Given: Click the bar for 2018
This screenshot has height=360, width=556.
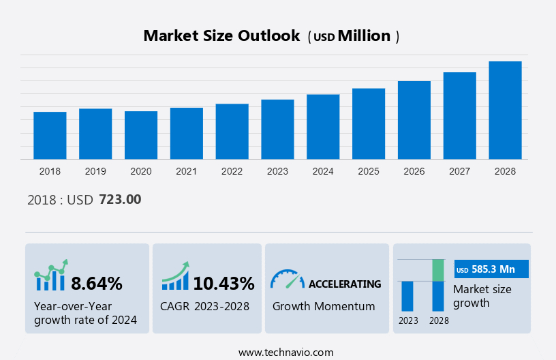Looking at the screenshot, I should tap(50, 135).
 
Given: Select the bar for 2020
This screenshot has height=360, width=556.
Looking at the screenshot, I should tap(141, 135).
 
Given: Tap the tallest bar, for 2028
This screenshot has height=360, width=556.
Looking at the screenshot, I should tap(505, 110).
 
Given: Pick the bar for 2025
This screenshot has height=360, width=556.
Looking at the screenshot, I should tap(369, 123).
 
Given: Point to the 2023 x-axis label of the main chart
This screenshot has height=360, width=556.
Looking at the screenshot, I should tap(277, 171).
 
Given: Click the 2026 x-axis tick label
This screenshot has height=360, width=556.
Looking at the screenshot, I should tap(414, 171).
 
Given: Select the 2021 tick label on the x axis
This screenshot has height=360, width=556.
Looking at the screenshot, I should tap(187, 171).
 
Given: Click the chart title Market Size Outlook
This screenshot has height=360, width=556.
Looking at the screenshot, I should tap(221, 36).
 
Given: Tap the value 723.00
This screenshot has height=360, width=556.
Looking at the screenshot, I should tap(120, 199).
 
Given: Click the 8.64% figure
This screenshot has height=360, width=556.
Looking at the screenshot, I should tap(97, 284).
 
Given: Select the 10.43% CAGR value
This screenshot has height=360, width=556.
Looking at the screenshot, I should tap(223, 284).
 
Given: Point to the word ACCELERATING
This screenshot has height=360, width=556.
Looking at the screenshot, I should tap(345, 284).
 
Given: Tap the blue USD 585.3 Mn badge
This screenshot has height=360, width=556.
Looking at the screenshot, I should tap(492, 270).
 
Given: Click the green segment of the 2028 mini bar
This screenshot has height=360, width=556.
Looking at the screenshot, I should tap(438, 270).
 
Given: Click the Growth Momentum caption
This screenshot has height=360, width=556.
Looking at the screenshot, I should tap(324, 306).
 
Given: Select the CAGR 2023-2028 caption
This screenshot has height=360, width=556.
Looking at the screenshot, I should tap(204, 306).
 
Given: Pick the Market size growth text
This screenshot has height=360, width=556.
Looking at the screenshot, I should tap(482, 296).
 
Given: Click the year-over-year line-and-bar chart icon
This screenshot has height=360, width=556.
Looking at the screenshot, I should tap(51, 275).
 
